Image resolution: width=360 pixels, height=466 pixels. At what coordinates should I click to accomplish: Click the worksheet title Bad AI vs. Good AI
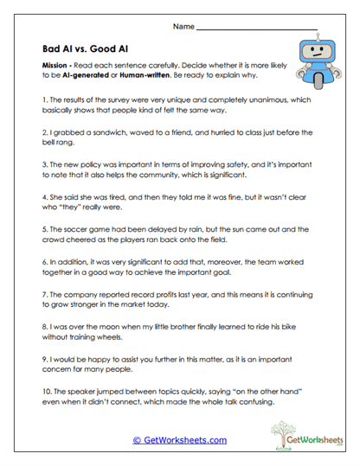coord(87,48)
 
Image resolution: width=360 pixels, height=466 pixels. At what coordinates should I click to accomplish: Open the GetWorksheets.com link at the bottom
coord(179,440)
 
